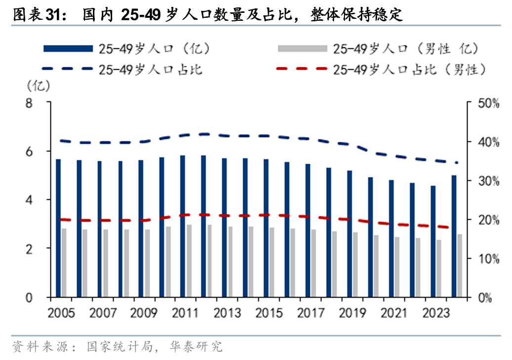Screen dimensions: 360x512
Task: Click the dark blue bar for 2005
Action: [58, 228]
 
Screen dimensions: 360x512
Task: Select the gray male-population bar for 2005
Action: [64, 263]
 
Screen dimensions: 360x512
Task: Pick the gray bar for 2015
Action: [272, 262]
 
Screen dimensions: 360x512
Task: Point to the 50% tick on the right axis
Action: [489, 103]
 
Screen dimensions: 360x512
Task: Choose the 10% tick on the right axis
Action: [489, 259]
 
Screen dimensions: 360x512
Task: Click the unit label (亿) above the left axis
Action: [38, 86]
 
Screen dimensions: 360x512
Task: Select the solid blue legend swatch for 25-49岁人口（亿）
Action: [68, 48]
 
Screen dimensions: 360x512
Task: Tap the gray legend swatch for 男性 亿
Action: [302, 48]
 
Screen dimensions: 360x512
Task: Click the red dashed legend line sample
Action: [302, 69]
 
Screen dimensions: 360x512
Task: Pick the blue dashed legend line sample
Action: [68, 69]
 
